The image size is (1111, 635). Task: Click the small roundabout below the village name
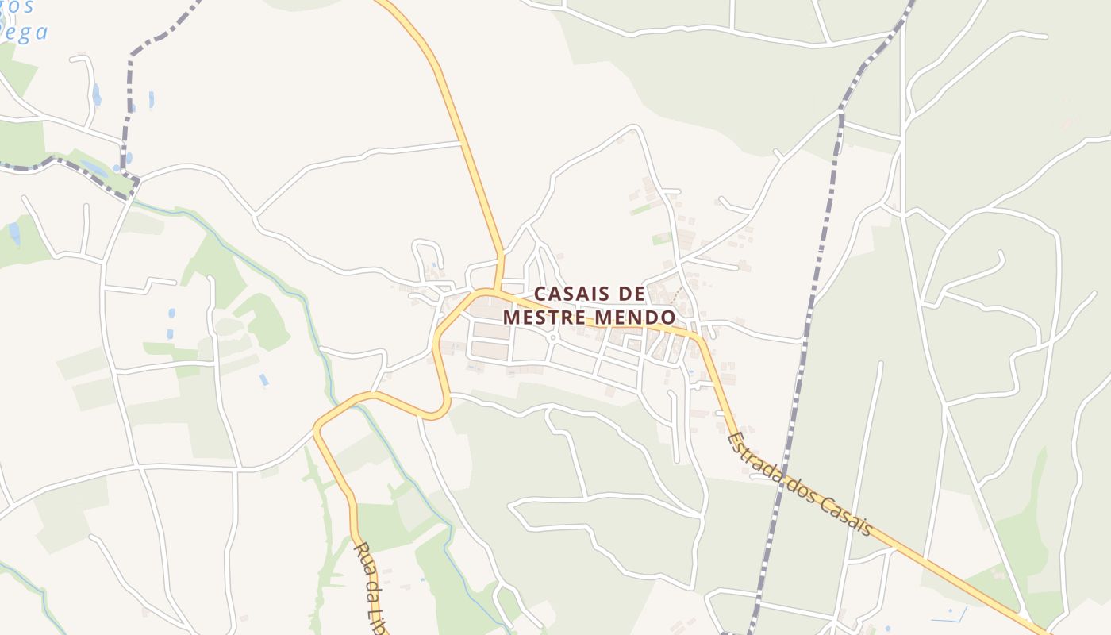(x=553, y=337)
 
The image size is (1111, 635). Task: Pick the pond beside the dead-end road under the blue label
(x=96, y=94)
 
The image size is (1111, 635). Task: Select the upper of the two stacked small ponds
(x=171, y=314)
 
